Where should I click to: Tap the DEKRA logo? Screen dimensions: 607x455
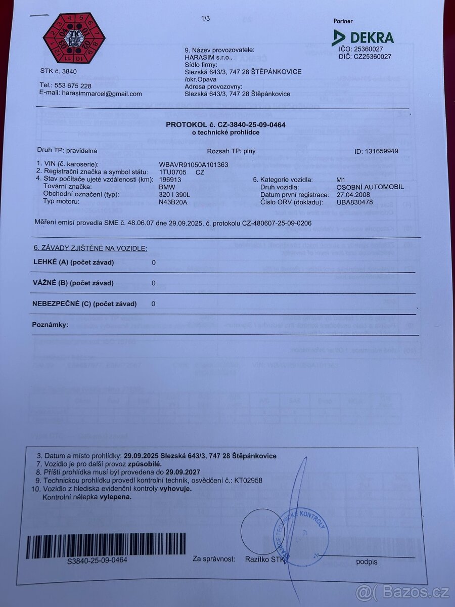click(x=362, y=37)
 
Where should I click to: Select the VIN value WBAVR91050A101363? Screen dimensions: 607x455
click(x=194, y=164)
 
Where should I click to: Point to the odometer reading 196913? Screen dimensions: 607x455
click(x=170, y=179)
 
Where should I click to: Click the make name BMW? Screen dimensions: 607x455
click(x=167, y=187)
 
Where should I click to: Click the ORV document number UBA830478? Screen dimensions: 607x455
click(x=354, y=201)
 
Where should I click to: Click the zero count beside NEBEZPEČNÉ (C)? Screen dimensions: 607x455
click(x=154, y=303)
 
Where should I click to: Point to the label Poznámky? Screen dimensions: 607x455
click(x=50, y=324)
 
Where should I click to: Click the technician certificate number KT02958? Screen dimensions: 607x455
click(x=248, y=480)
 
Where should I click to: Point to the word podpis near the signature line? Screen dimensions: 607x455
click(x=367, y=561)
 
